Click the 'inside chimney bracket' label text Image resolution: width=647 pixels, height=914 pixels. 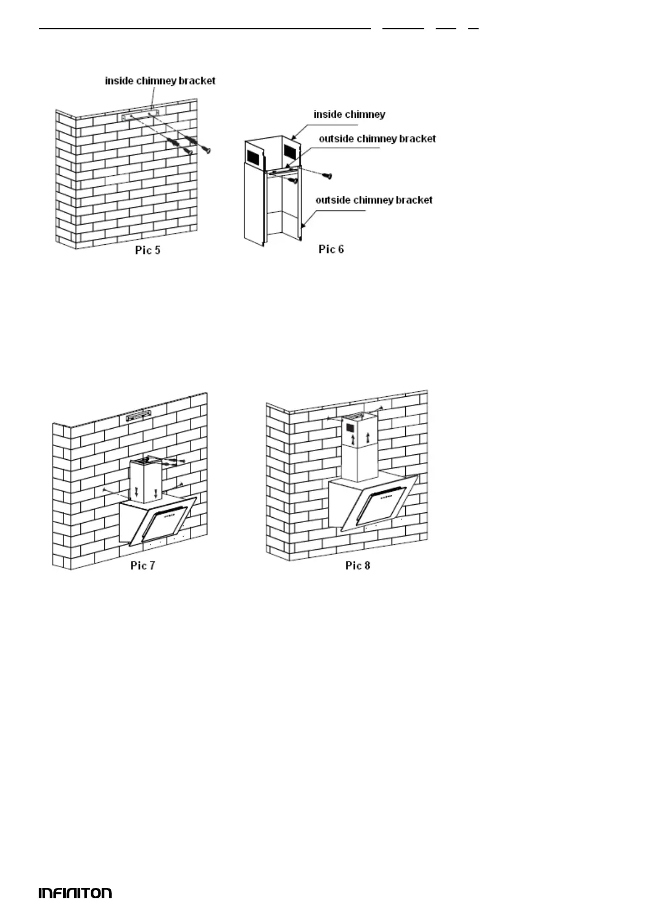click(160, 81)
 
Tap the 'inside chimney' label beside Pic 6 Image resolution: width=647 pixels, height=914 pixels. click(349, 115)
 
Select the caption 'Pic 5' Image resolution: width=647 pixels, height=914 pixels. click(148, 251)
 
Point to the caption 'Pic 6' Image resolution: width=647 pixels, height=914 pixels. click(331, 249)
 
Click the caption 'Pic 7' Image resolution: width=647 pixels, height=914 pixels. click(143, 566)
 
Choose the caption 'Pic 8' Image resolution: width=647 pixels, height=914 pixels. click(357, 566)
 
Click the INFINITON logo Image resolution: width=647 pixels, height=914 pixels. click(76, 893)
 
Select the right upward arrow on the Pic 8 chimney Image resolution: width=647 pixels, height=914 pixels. click(369, 437)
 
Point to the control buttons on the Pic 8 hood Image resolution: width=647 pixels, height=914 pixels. click(387, 494)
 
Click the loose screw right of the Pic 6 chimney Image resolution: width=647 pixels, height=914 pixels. click(327, 176)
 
